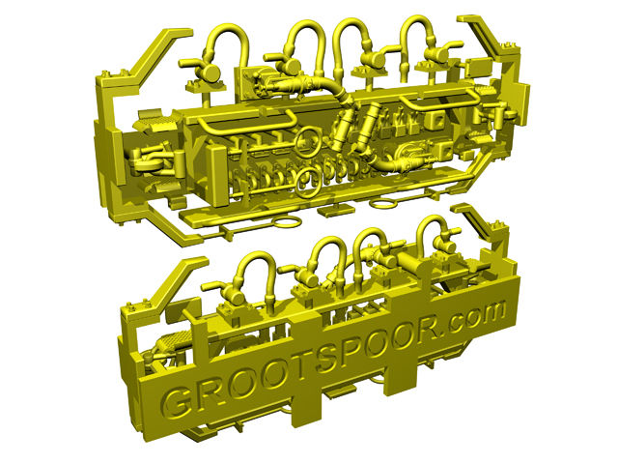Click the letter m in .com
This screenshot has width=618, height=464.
[491, 313]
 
